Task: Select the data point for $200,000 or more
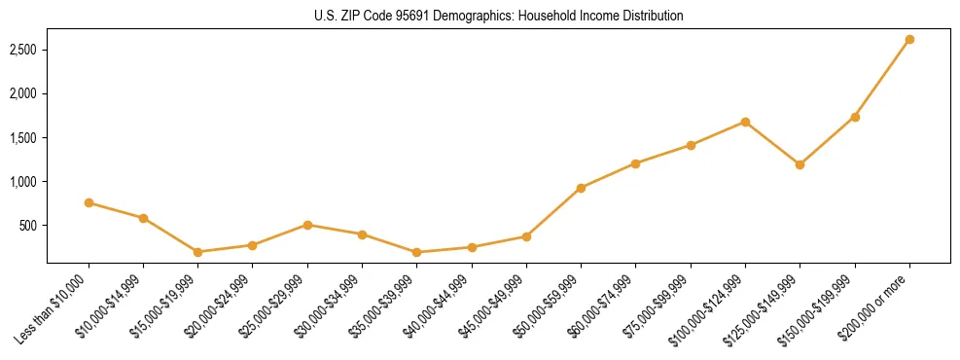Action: click(x=909, y=40)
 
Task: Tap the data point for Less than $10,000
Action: click(x=89, y=203)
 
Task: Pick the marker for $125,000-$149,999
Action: click(x=800, y=164)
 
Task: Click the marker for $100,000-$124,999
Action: click(x=745, y=122)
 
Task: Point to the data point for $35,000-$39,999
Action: click(x=416, y=252)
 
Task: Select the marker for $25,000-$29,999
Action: click(x=307, y=225)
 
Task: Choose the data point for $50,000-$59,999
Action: click(x=581, y=188)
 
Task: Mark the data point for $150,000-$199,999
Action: click(x=855, y=117)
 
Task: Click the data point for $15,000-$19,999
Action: click(x=197, y=252)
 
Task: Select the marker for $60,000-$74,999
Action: click(x=635, y=163)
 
